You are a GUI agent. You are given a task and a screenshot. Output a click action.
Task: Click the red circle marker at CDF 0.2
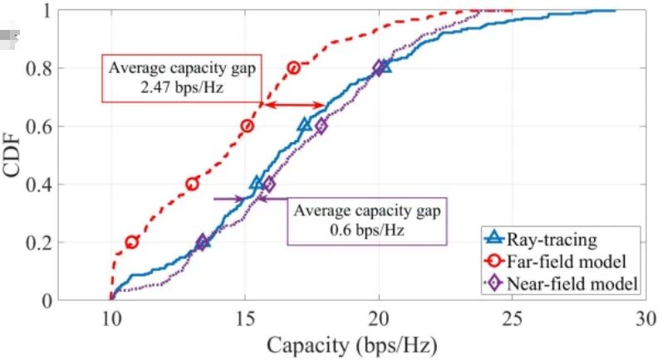coord(132,242)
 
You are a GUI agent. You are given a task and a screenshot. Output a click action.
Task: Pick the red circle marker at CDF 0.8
coord(293,68)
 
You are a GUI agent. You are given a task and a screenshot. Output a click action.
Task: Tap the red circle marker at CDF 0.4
coord(193,184)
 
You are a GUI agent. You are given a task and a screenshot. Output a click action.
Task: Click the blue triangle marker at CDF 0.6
coord(305,125)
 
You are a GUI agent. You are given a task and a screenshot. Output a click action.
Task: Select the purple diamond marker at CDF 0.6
coord(321,126)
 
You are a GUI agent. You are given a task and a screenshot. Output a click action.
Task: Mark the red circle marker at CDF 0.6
coord(248,126)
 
